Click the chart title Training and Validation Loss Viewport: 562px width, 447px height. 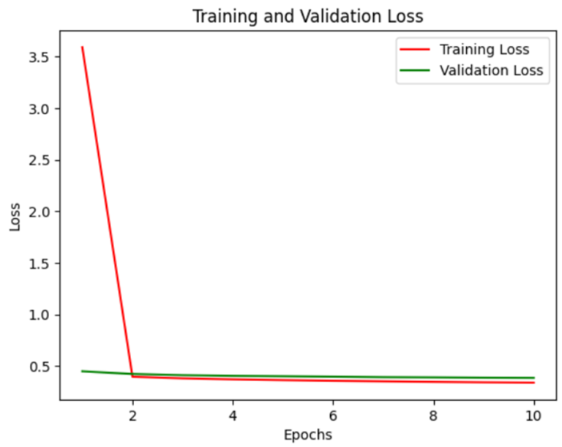pos(307,15)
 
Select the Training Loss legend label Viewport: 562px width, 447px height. pos(484,50)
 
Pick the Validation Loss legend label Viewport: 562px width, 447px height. pos(490,71)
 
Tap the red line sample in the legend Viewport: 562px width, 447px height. pos(414,50)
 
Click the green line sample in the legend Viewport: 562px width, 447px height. pos(414,71)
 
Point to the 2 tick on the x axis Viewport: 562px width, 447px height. pos(132,413)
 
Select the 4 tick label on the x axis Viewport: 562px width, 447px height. pos(233,413)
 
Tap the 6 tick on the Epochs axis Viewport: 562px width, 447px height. pos(333,413)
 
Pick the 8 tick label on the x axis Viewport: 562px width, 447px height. pos(433,413)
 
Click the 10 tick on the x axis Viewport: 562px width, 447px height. pos(533,413)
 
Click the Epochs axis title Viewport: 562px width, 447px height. pos(307,435)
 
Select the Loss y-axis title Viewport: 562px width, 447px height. pos(15,217)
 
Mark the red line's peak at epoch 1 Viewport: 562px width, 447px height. pos(82,47)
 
